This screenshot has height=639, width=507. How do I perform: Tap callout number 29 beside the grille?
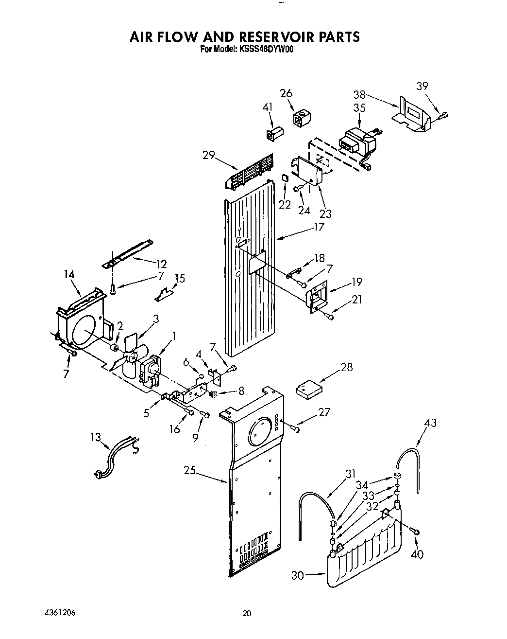tap(209, 155)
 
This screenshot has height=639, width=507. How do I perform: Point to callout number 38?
tap(359, 95)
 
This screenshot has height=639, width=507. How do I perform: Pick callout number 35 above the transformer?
tap(359, 108)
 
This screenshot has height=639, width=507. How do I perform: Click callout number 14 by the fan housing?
tap(69, 275)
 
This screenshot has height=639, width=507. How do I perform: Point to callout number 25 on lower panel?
tap(190, 470)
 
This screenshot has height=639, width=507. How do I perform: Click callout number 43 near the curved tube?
tap(430, 423)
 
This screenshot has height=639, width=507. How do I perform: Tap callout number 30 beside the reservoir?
tap(298, 575)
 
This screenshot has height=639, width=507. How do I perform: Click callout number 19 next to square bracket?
tap(357, 282)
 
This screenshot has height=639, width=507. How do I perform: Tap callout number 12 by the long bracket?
tap(161, 265)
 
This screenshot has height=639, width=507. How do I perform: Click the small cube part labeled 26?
tap(301, 117)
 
